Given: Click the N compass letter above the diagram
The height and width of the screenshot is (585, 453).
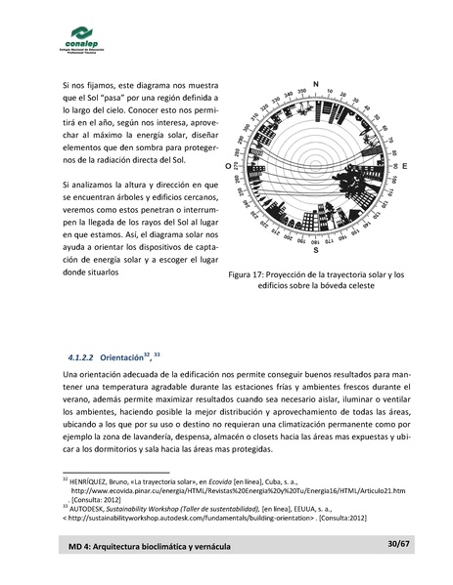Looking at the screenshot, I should (315, 83).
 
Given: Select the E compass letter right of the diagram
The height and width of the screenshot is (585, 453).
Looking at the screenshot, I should (405, 168).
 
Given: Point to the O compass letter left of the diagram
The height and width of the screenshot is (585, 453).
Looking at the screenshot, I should (228, 168).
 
